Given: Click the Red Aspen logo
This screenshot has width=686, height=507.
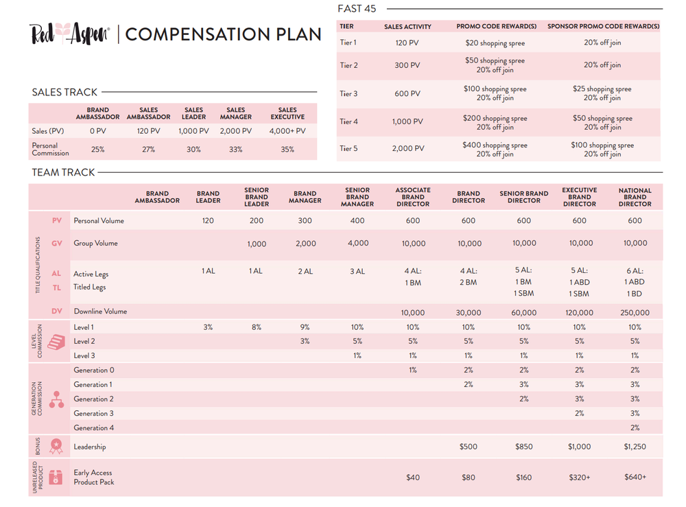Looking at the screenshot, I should point(69,34).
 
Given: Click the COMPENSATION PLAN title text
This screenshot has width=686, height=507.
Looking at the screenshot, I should point(223,34).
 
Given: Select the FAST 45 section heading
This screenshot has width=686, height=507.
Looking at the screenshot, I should point(357,9).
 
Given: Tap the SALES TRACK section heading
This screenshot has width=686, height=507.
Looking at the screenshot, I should point(64,92).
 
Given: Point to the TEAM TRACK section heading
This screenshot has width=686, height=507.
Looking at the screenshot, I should point(63,172).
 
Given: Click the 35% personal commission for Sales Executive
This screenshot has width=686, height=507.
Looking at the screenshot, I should point(287,149).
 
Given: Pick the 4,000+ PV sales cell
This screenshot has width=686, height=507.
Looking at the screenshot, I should point(287,130).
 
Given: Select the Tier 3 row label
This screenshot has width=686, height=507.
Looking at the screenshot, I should point(348,94).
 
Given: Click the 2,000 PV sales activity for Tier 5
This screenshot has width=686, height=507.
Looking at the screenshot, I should point(407,149).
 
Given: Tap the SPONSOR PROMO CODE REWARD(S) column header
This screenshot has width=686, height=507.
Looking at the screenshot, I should point(603,27).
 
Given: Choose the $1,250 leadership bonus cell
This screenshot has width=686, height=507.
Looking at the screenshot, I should point(635,447).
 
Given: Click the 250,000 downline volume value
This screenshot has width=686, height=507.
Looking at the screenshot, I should point(635,312).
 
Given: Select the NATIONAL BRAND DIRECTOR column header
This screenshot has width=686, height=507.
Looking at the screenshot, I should point(635,197).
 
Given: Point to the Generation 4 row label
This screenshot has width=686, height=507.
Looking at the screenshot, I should point(94,428).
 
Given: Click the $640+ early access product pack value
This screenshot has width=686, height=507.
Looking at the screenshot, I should point(635,477).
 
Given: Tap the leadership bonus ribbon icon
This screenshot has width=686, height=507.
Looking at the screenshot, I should point(56,447).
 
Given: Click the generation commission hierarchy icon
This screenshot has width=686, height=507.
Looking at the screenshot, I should point(56,400).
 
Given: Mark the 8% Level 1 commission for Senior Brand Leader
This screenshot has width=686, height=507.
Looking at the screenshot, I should point(256,327).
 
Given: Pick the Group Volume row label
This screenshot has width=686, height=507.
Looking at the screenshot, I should point(95,244).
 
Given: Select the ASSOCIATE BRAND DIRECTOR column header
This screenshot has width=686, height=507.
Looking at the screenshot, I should point(413,197).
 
